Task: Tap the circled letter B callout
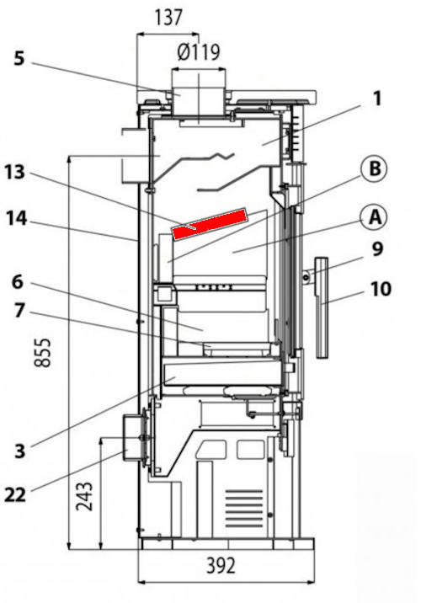coord(375,169)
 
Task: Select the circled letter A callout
coord(375,217)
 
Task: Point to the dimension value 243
coord(84,496)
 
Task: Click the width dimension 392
coord(221,566)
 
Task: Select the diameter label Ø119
coord(199,52)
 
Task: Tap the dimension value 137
coord(168,18)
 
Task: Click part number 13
coord(15,172)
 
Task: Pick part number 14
coord(16,219)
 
